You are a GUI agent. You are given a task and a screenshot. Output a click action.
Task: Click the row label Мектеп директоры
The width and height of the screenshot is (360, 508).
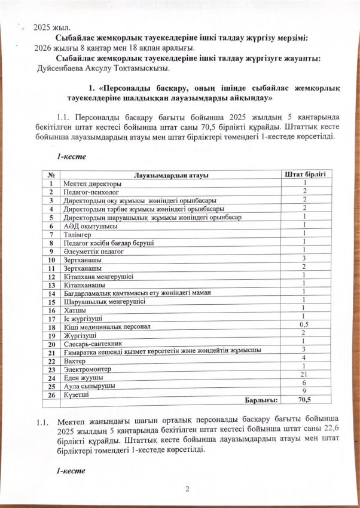pyautogui.click(x=92, y=183)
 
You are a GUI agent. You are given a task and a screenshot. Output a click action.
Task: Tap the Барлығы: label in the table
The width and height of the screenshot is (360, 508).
pyautogui.click(x=259, y=399)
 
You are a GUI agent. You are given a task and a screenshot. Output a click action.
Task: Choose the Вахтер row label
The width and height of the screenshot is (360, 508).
pyautogui.click(x=76, y=361)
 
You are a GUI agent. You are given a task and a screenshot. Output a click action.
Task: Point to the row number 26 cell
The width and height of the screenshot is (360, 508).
pyautogui.click(x=52, y=394)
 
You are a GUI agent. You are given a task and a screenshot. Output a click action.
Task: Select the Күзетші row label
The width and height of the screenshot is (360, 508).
pyautogui.click(x=77, y=394)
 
